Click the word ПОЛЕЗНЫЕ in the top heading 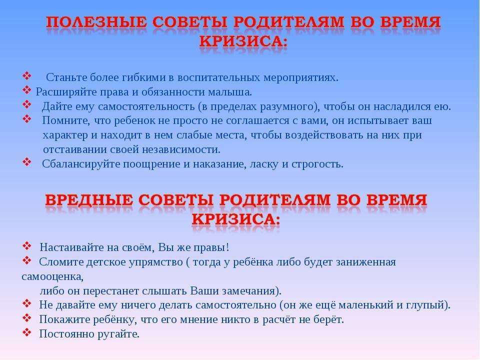coord(96,22)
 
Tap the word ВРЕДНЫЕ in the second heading coord(89,200)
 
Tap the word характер coord(65,135)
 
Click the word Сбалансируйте coord(81,164)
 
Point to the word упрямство coord(155,262)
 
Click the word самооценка coord(52,276)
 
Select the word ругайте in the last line coord(118,334)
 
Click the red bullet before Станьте coord(27,75)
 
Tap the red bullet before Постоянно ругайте coord(27,332)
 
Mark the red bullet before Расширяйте coord(27,90)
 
